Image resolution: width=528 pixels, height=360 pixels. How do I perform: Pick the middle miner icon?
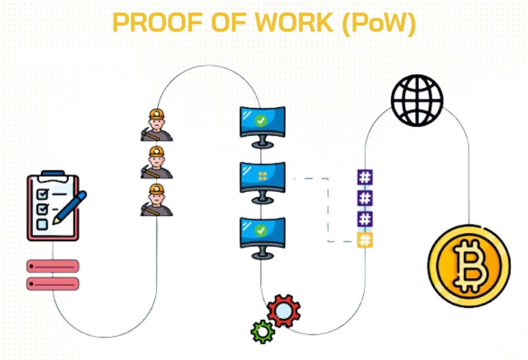tap(157, 162)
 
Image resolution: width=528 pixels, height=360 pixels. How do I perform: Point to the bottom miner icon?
tap(157, 200)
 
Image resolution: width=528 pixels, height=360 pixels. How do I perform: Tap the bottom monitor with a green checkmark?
tap(262, 233)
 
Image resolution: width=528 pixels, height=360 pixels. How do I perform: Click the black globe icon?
tap(417, 100)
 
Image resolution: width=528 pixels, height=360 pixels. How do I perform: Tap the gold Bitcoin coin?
tap(469, 266)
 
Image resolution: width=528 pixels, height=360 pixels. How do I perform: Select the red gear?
tap(284, 312)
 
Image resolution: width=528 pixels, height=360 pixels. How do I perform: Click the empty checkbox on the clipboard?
tap(42, 224)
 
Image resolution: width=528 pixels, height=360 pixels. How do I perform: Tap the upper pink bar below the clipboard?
tap(53, 266)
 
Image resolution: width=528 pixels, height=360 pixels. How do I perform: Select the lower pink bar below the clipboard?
tap(53, 284)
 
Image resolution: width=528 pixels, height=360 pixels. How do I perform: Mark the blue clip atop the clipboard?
tap(53, 174)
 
